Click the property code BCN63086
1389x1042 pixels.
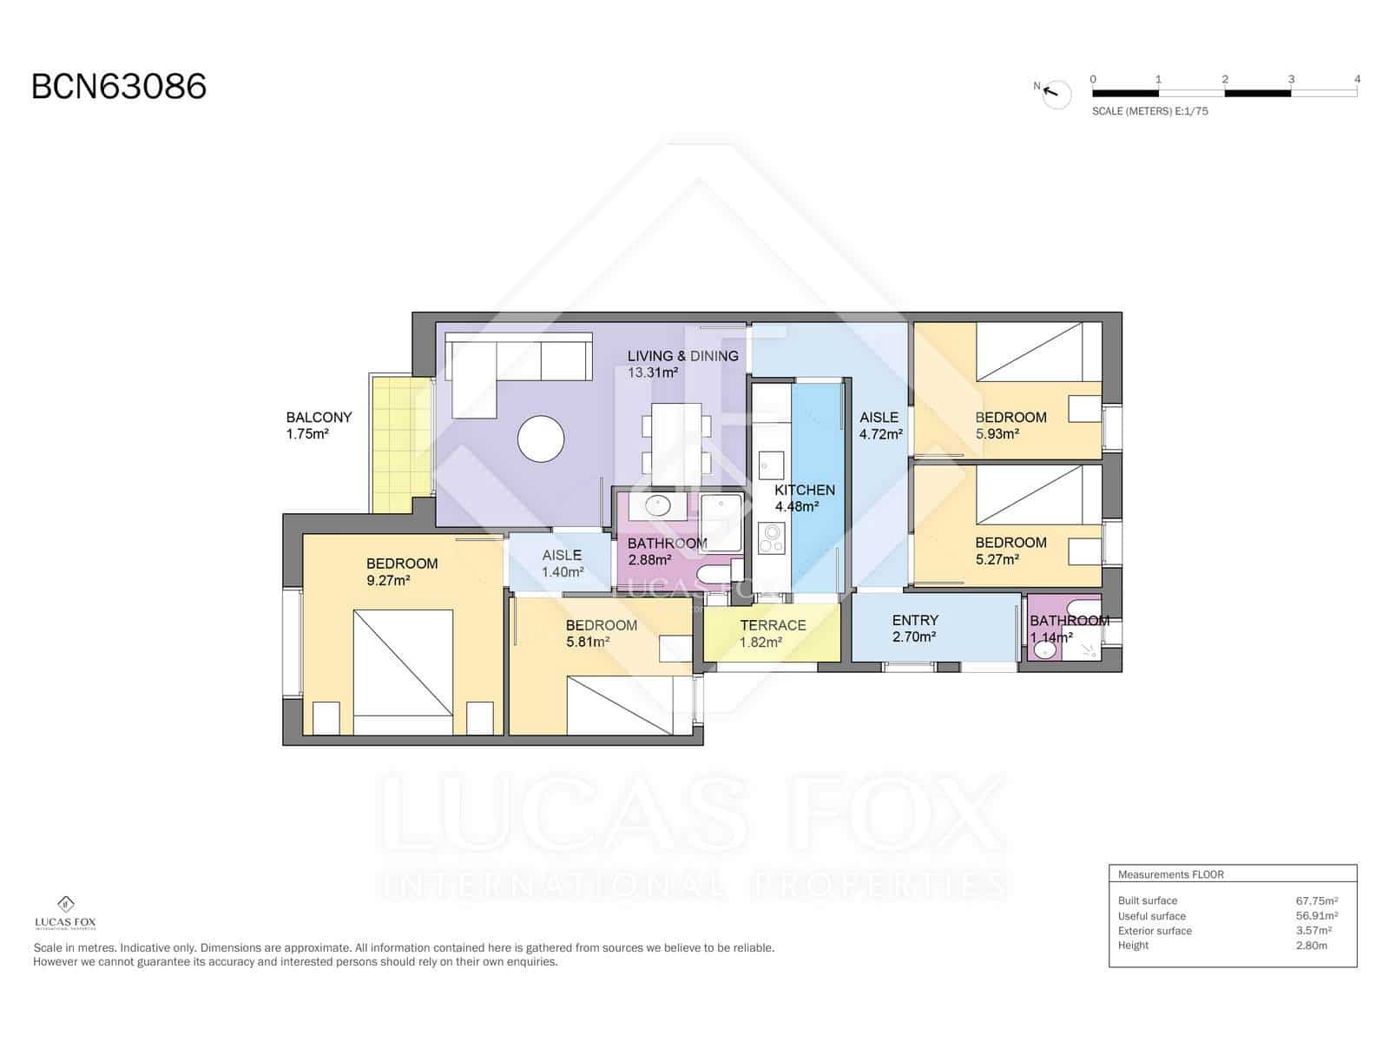click(119, 87)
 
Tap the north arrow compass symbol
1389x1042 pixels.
click(1057, 93)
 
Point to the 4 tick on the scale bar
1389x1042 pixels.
click(1357, 79)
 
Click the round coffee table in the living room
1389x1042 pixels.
click(541, 439)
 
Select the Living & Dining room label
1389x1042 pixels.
click(682, 356)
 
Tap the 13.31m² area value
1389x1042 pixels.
click(653, 373)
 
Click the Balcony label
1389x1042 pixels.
click(319, 418)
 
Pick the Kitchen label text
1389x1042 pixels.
click(805, 490)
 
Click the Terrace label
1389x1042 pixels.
click(773, 625)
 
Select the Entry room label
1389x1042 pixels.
click(915, 620)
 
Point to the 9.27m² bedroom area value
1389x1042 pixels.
click(388, 581)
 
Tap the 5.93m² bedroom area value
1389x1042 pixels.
click(997, 434)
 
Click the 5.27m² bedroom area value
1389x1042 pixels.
click(997, 560)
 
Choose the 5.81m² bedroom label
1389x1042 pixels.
click(601, 625)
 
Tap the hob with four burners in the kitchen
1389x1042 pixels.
click(770, 538)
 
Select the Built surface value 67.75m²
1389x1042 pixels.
click(1316, 901)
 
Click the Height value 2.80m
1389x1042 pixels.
click(1311, 946)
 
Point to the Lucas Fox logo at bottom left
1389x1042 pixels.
click(65, 913)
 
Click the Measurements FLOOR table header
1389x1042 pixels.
click(1170, 874)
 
